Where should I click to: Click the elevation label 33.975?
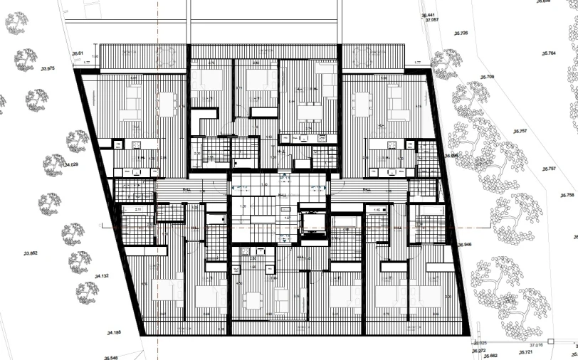pos(48,68)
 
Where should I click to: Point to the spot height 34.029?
pos(70,165)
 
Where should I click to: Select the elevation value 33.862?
pos(30,253)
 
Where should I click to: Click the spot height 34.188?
pos(114,332)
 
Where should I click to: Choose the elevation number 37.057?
pos(432,21)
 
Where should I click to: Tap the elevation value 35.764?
pos(548,53)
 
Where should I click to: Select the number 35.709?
pos(487,76)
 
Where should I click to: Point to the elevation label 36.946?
pos(465,245)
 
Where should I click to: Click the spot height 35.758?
pos(567,195)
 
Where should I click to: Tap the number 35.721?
pos(525,352)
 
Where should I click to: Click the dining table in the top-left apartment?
pos(168,105)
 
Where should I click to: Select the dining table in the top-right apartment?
pos(362,105)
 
